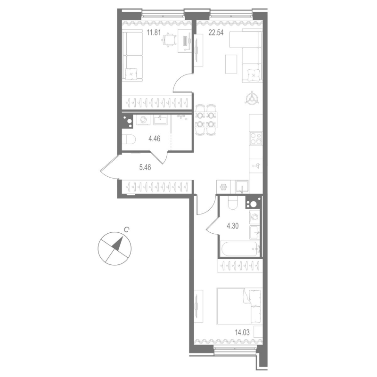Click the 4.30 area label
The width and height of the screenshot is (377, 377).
click(x=233, y=225)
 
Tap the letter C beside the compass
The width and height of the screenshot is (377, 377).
click(x=126, y=230)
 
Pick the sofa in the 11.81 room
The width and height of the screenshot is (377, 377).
click(x=132, y=56)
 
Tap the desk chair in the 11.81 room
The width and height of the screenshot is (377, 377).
click(x=169, y=41)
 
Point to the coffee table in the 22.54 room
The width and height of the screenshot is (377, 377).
click(x=231, y=64)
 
